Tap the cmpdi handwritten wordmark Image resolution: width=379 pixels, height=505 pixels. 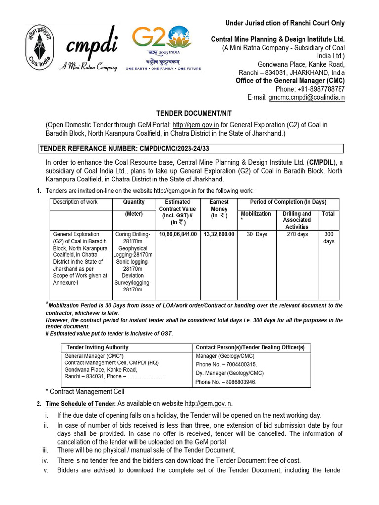[x=91, y=47]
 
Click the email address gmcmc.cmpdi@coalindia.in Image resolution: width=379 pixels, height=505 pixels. [x=306, y=98]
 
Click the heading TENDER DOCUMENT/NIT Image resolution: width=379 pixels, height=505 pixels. [x=189, y=113]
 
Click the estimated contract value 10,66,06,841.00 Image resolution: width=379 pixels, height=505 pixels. [x=178, y=234]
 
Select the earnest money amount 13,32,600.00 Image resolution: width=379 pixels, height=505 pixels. [x=219, y=234]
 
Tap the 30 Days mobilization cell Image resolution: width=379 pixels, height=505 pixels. [x=257, y=234]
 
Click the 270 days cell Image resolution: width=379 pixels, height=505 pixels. [x=297, y=234]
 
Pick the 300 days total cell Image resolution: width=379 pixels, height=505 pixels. [x=328, y=238]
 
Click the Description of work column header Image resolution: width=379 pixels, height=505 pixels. [x=76, y=202]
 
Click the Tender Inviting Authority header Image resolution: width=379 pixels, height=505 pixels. [x=97, y=347]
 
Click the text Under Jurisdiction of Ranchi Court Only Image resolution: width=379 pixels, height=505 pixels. [x=285, y=23]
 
